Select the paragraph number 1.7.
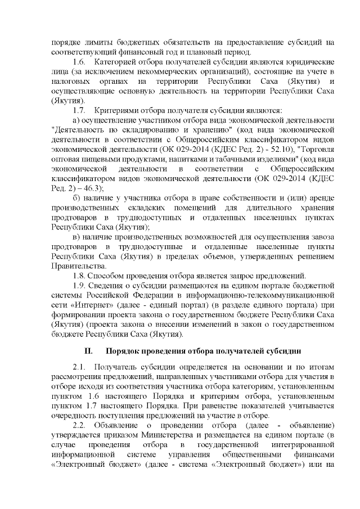(x=80, y=110)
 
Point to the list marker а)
(x=78, y=120)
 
